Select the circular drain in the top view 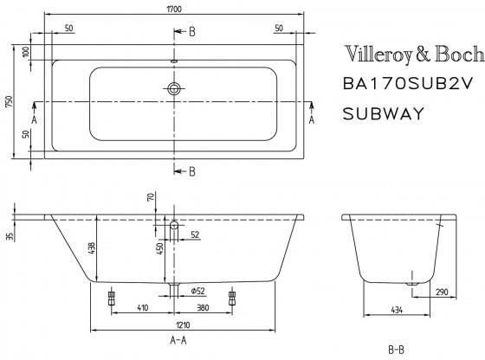click(176, 89)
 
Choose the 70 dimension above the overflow click(150, 198)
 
